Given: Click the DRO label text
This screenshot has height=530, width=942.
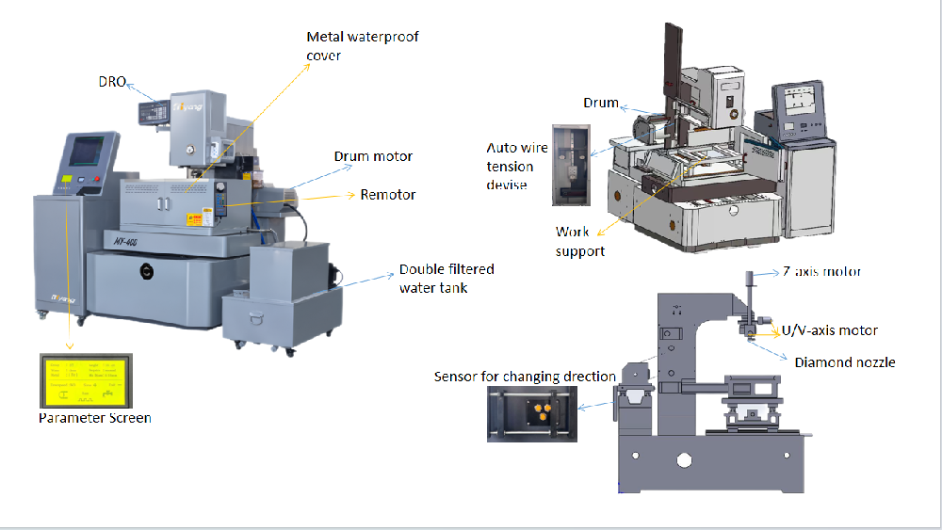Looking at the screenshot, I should click(x=112, y=82).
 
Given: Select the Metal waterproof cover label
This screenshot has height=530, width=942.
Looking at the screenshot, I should click(x=362, y=46).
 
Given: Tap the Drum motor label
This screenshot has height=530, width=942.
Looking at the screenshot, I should click(x=373, y=156).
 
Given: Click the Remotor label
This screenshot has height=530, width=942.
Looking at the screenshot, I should click(x=387, y=195).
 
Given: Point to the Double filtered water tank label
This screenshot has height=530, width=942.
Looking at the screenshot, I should click(x=446, y=278).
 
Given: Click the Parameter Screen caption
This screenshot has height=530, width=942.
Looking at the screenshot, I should click(x=94, y=417).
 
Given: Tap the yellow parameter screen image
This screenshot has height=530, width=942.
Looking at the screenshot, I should click(x=88, y=380).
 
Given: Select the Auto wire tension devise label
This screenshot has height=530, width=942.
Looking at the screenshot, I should click(x=510, y=167).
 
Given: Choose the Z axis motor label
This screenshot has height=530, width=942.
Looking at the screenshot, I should click(x=821, y=272).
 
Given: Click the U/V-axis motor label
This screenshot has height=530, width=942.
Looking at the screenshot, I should click(x=830, y=330).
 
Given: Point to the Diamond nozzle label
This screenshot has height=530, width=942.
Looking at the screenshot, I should click(x=844, y=361).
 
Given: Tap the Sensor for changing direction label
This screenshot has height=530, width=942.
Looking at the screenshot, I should click(x=525, y=377).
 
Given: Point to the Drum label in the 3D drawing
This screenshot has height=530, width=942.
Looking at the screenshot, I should click(x=601, y=103).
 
